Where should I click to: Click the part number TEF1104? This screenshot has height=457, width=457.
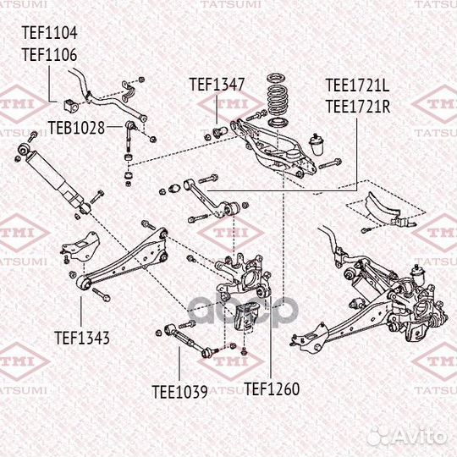pyautogui.click(x=49, y=35)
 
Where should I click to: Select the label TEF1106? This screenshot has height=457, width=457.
pyautogui.click(x=49, y=55)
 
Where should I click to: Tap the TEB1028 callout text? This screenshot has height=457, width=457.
pyautogui.click(x=75, y=128)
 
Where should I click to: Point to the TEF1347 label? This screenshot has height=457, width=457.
pyautogui.click(x=217, y=85)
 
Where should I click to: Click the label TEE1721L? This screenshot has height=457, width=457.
pyautogui.click(x=358, y=85)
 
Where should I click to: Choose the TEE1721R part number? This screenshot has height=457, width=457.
pyautogui.click(x=358, y=106)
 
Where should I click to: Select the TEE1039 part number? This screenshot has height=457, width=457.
pyautogui.click(x=179, y=391)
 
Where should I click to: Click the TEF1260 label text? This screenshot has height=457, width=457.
pyautogui.click(x=272, y=390)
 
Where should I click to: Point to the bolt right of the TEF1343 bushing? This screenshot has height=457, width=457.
pyautogui.click(x=100, y=295)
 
